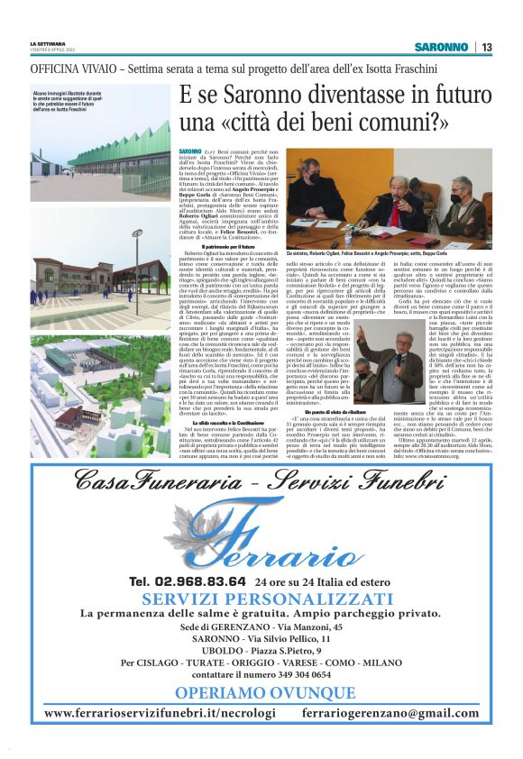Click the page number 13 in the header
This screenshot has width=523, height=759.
pyautogui.click(x=486, y=47)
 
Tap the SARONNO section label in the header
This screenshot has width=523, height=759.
pyautogui.click(x=441, y=47)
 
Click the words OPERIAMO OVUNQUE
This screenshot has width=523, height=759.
pyautogui.click(x=261, y=692)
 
